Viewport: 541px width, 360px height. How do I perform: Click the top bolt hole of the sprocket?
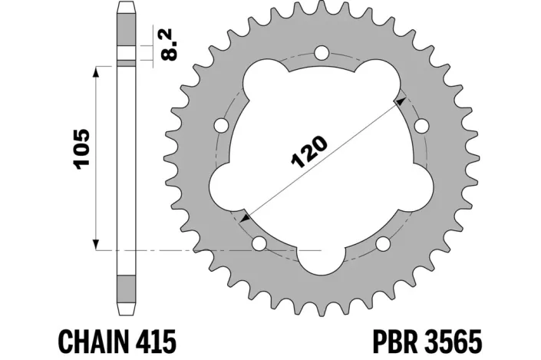click(322, 54)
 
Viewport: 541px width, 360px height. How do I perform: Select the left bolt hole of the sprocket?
click(222, 125)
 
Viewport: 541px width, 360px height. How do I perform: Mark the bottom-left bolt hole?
click(259, 243)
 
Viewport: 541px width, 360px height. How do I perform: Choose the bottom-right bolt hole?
click(383, 244)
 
